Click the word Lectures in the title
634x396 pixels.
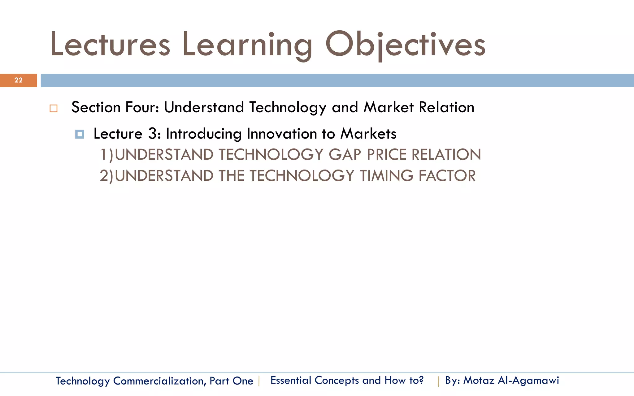[x=110, y=45]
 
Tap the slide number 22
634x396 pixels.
[x=18, y=80]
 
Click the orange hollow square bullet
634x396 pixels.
[x=54, y=109]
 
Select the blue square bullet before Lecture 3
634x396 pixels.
[x=80, y=134]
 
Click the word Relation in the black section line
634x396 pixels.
[x=446, y=107]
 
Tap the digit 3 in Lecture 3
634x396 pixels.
[x=153, y=134]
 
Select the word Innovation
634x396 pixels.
[x=281, y=134]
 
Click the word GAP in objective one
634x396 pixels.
[x=345, y=154]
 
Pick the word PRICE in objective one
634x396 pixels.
[x=387, y=154]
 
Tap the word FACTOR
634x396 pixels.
[x=447, y=176]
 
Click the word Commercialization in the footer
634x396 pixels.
[x=158, y=381]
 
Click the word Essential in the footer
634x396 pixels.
[x=291, y=380]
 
